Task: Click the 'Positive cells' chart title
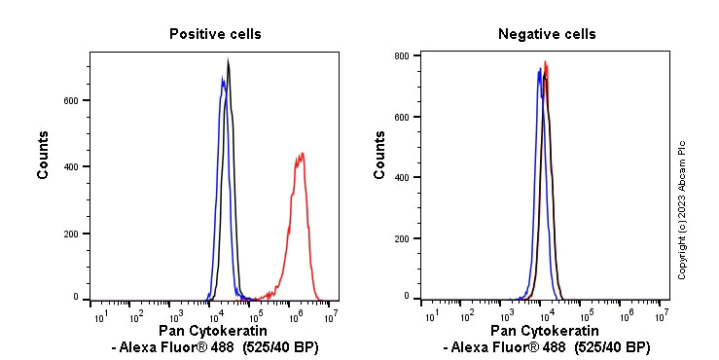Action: (x=215, y=34)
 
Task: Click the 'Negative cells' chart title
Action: (x=547, y=34)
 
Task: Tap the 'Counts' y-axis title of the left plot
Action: (x=44, y=156)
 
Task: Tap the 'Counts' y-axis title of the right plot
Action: (x=379, y=156)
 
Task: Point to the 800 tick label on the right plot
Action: (x=412, y=55)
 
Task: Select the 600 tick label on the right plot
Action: (x=412, y=117)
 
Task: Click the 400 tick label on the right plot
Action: (x=412, y=178)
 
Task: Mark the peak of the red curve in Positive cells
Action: (x=303, y=153)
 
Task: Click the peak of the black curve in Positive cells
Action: (x=228, y=60)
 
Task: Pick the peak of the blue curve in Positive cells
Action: (x=222, y=79)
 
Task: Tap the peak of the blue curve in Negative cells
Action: (x=539, y=69)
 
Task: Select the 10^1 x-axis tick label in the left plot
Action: (x=100, y=316)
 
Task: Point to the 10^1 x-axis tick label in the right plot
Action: (x=429, y=316)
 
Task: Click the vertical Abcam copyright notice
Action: (x=682, y=209)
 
